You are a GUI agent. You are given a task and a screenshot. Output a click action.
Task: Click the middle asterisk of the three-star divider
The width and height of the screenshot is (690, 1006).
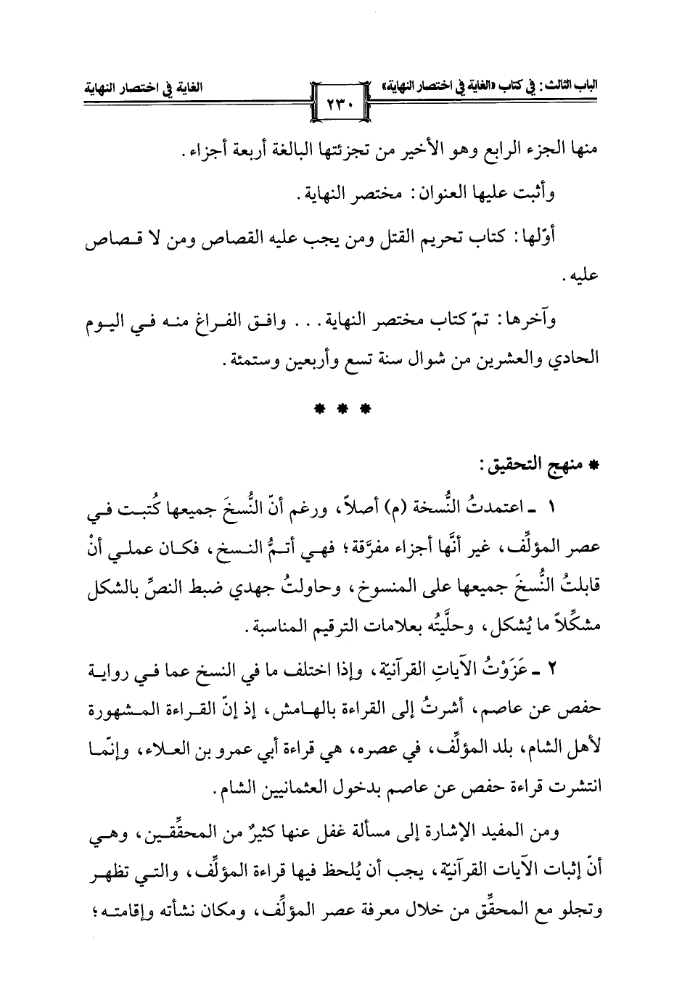pyautogui.click(x=345, y=408)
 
